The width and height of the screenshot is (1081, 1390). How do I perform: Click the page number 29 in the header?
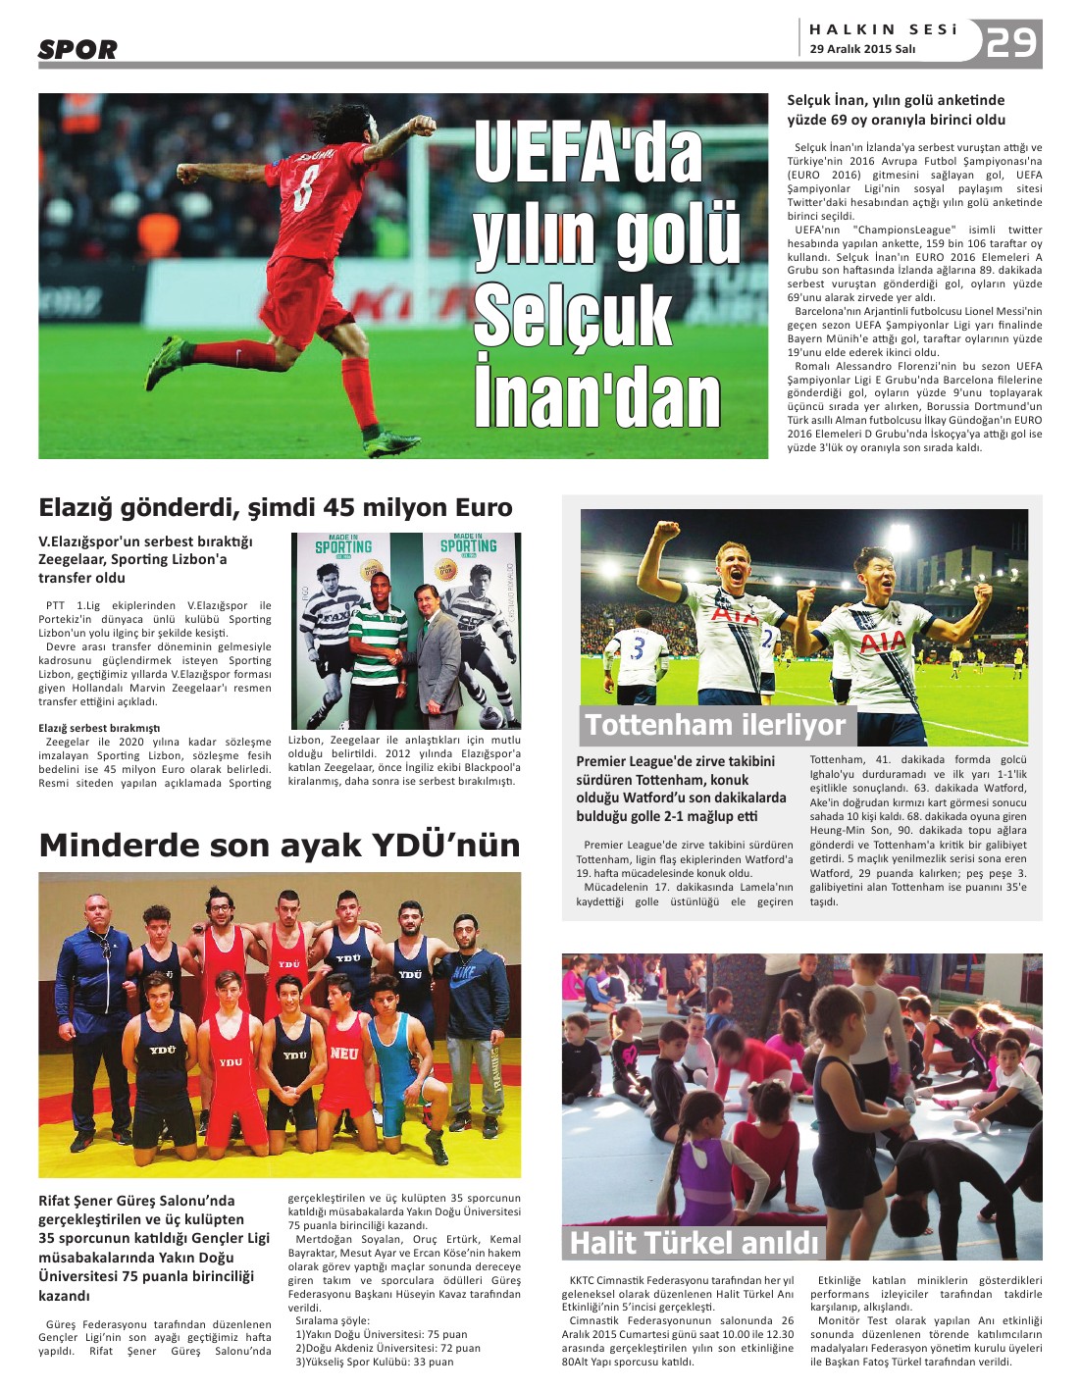(1010, 42)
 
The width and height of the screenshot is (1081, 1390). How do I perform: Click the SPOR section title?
(77, 49)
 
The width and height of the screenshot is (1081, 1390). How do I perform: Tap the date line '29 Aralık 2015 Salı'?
(862, 49)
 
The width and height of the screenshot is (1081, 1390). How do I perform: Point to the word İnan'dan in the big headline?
(597, 397)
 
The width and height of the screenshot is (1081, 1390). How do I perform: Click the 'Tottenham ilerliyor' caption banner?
(715, 725)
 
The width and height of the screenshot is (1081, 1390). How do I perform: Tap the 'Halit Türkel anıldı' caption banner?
(694, 1243)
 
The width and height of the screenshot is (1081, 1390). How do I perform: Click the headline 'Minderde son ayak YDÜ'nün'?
(280, 845)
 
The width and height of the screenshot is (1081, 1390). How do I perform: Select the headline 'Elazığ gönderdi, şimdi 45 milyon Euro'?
(276, 507)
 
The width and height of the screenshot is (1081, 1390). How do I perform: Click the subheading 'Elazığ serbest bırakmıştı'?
(99, 728)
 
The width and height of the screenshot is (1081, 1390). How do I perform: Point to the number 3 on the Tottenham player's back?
(637, 648)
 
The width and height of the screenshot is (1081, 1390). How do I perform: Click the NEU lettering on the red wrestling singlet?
(343, 1054)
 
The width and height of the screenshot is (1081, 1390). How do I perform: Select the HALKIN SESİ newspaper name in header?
(882, 29)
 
